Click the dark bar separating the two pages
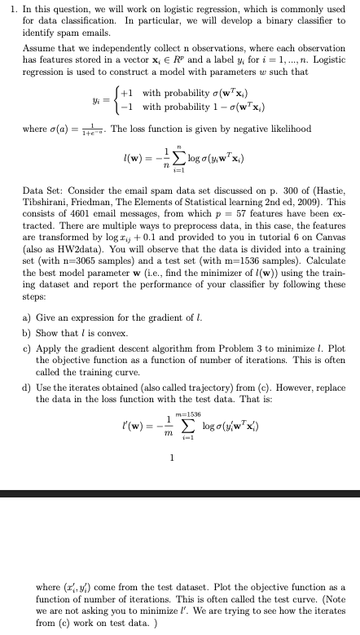180,493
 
